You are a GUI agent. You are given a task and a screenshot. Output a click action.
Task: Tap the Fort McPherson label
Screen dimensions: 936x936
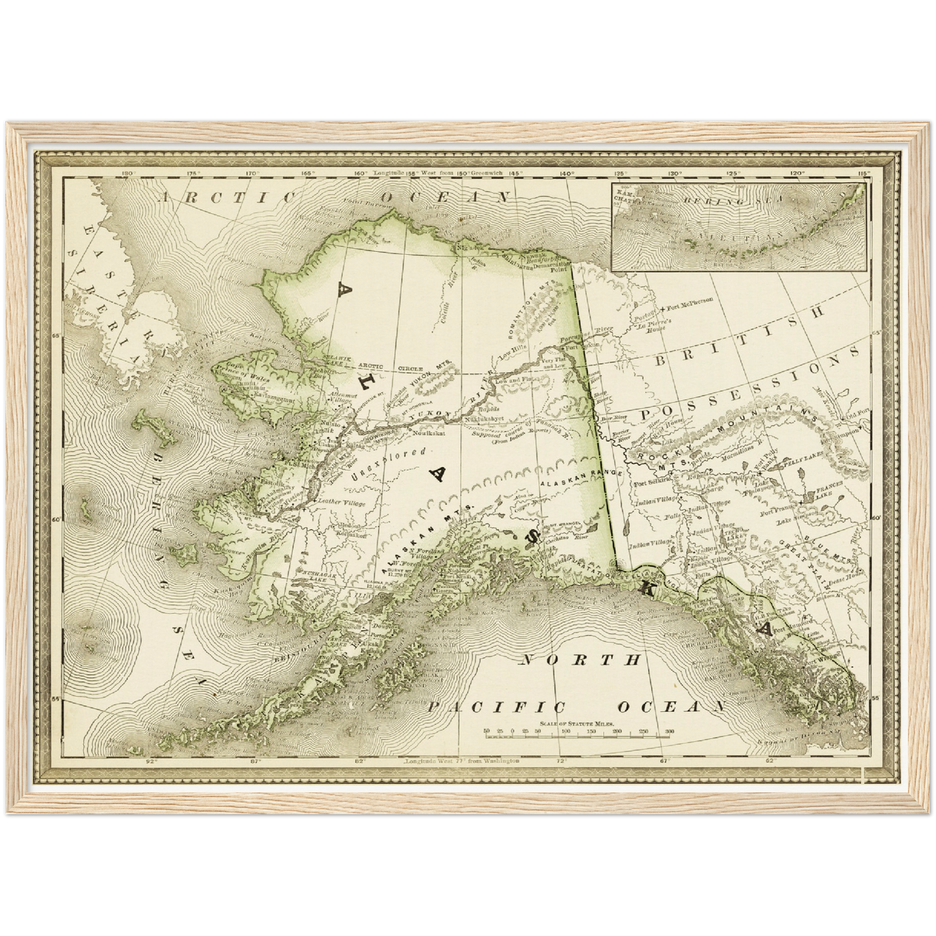point(697,301)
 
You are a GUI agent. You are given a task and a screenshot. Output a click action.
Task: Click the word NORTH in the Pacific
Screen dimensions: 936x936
point(580,661)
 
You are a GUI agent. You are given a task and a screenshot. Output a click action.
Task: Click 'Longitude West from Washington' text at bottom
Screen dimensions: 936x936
point(461,760)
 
